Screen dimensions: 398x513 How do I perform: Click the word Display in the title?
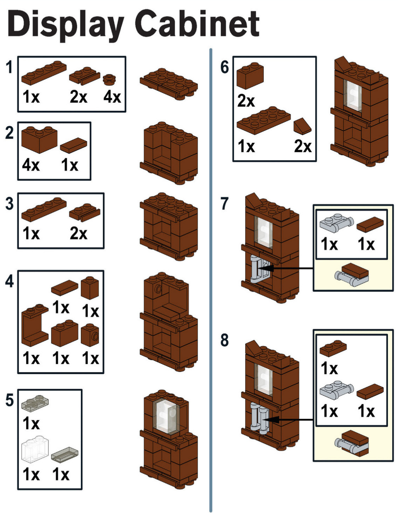(66, 25)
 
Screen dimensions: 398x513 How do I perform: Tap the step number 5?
(9, 400)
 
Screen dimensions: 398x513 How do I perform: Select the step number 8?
(224, 340)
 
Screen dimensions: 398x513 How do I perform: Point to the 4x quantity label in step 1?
(112, 97)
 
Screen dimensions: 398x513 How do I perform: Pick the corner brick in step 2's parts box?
(39, 139)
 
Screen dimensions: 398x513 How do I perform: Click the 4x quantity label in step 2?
(31, 165)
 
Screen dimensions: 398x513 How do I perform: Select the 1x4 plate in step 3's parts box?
(44, 209)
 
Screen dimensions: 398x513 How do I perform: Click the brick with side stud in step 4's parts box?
(90, 335)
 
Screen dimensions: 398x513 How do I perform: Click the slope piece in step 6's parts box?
(302, 126)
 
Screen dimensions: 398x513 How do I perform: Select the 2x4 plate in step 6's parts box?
(264, 121)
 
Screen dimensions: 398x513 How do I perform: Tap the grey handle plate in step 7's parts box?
(337, 223)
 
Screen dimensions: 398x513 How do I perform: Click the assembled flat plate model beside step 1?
(169, 84)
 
